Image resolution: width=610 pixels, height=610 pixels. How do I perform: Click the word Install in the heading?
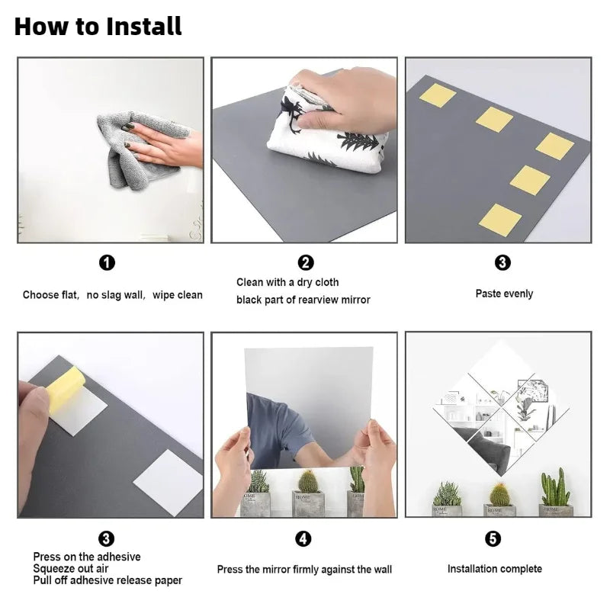[x=143, y=26]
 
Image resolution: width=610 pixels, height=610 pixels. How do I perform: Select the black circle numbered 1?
[x=107, y=262]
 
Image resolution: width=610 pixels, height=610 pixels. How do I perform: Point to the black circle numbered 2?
[x=306, y=262]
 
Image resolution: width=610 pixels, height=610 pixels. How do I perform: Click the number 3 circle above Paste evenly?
[x=502, y=262]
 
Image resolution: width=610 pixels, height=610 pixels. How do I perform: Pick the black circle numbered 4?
[x=303, y=539]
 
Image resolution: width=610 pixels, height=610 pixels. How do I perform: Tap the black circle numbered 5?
[x=493, y=539]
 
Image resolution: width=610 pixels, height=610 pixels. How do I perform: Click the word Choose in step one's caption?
[x=41, y=295]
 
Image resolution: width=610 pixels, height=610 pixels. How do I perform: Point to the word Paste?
[x=488, y=294]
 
